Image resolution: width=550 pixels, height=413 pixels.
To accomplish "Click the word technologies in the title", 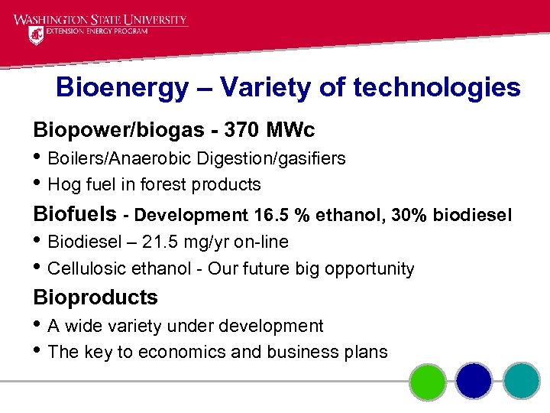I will tap(436, 88).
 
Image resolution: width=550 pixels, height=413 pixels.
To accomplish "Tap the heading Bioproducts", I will tap(95, 297).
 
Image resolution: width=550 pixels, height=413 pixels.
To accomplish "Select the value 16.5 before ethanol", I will tap(273, 216).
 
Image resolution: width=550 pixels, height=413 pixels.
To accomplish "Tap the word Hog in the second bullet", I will tap(62, 184).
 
